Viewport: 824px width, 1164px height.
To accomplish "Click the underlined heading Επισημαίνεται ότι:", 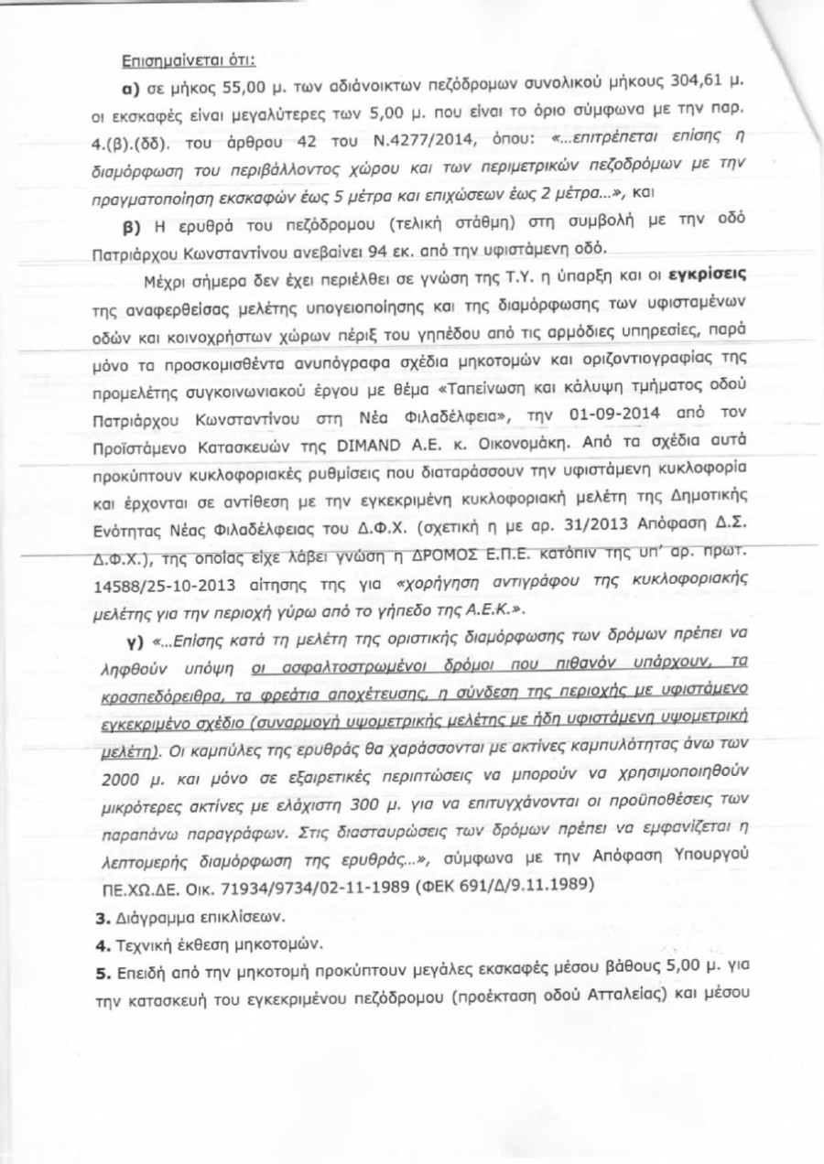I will pyautogui.click(x=189, y=62).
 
